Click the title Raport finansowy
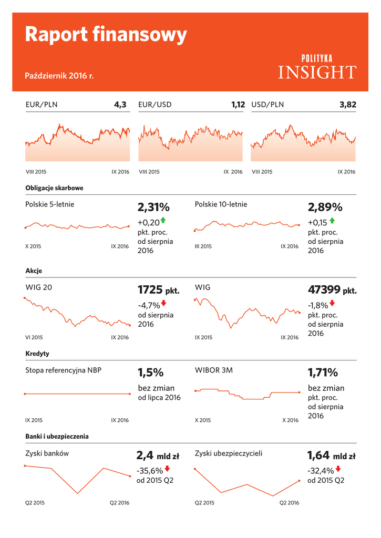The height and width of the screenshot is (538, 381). click(106, 35)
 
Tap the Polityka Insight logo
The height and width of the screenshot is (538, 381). click(317, 67)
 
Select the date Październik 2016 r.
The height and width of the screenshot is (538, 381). click(59, 76)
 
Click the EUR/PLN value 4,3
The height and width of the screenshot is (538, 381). click(120, 105)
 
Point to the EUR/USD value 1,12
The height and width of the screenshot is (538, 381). click(238, 105)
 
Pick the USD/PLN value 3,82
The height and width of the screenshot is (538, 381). click(348, 105)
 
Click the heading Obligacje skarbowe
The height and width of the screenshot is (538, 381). click(54, 188)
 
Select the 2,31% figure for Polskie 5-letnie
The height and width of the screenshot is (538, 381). click(154, 207)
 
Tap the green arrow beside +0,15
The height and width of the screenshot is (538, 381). click(332, 221)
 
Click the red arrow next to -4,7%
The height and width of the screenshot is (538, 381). click(164, 303)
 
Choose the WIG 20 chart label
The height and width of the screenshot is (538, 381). click(39, 287)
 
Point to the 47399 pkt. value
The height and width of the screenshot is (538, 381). click(332, 290)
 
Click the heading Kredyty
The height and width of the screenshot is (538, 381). click(37, 354)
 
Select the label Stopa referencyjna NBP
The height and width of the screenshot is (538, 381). click(63, 370)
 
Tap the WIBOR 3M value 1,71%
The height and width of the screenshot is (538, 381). click(323, 373)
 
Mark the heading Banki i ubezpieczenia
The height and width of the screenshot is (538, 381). click(57, 436)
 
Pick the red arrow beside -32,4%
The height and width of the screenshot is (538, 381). click(338, 469)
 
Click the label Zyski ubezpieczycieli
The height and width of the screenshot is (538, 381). click(228, 453)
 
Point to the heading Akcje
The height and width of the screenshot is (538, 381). click(34, 271)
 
